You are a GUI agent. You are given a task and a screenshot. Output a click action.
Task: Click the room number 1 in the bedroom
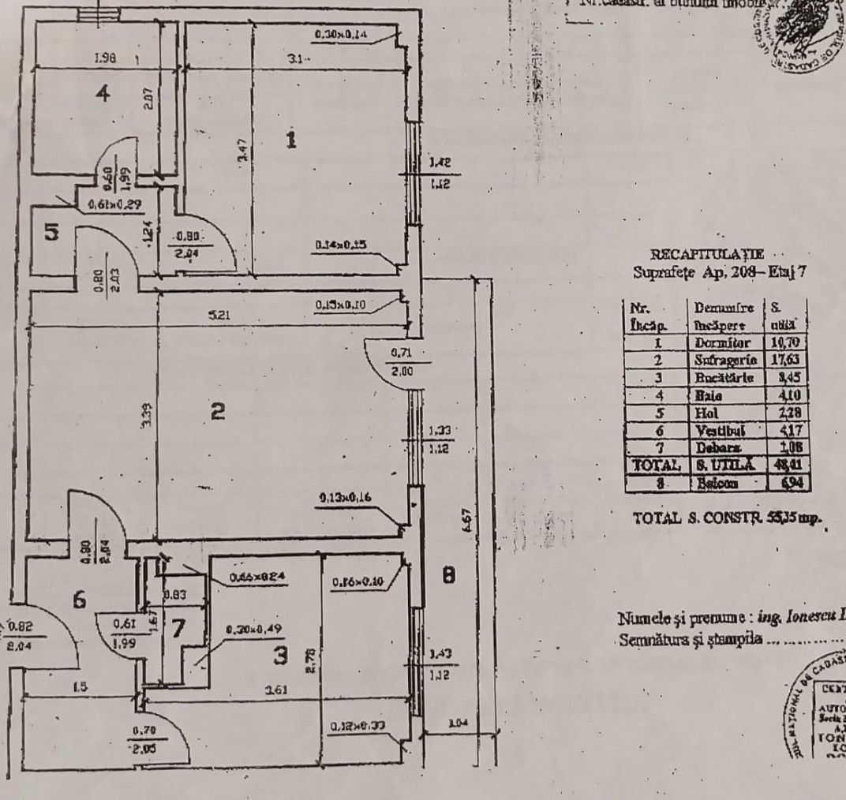pyautogui.click(x=291, y=140)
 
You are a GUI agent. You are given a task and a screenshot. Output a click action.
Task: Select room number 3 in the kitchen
pyautogui.click(x=278, y=654)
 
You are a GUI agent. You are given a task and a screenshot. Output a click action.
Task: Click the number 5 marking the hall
pyautogui.click(x=51, y=234)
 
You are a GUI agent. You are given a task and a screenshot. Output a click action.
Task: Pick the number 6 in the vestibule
pyautogui.click(x=78, y=600)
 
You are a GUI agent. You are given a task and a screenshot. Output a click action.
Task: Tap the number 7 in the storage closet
pyautogui.click(x=178, y=629)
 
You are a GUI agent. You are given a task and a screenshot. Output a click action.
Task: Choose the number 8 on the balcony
pyautogui.click(x=449, y=577)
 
